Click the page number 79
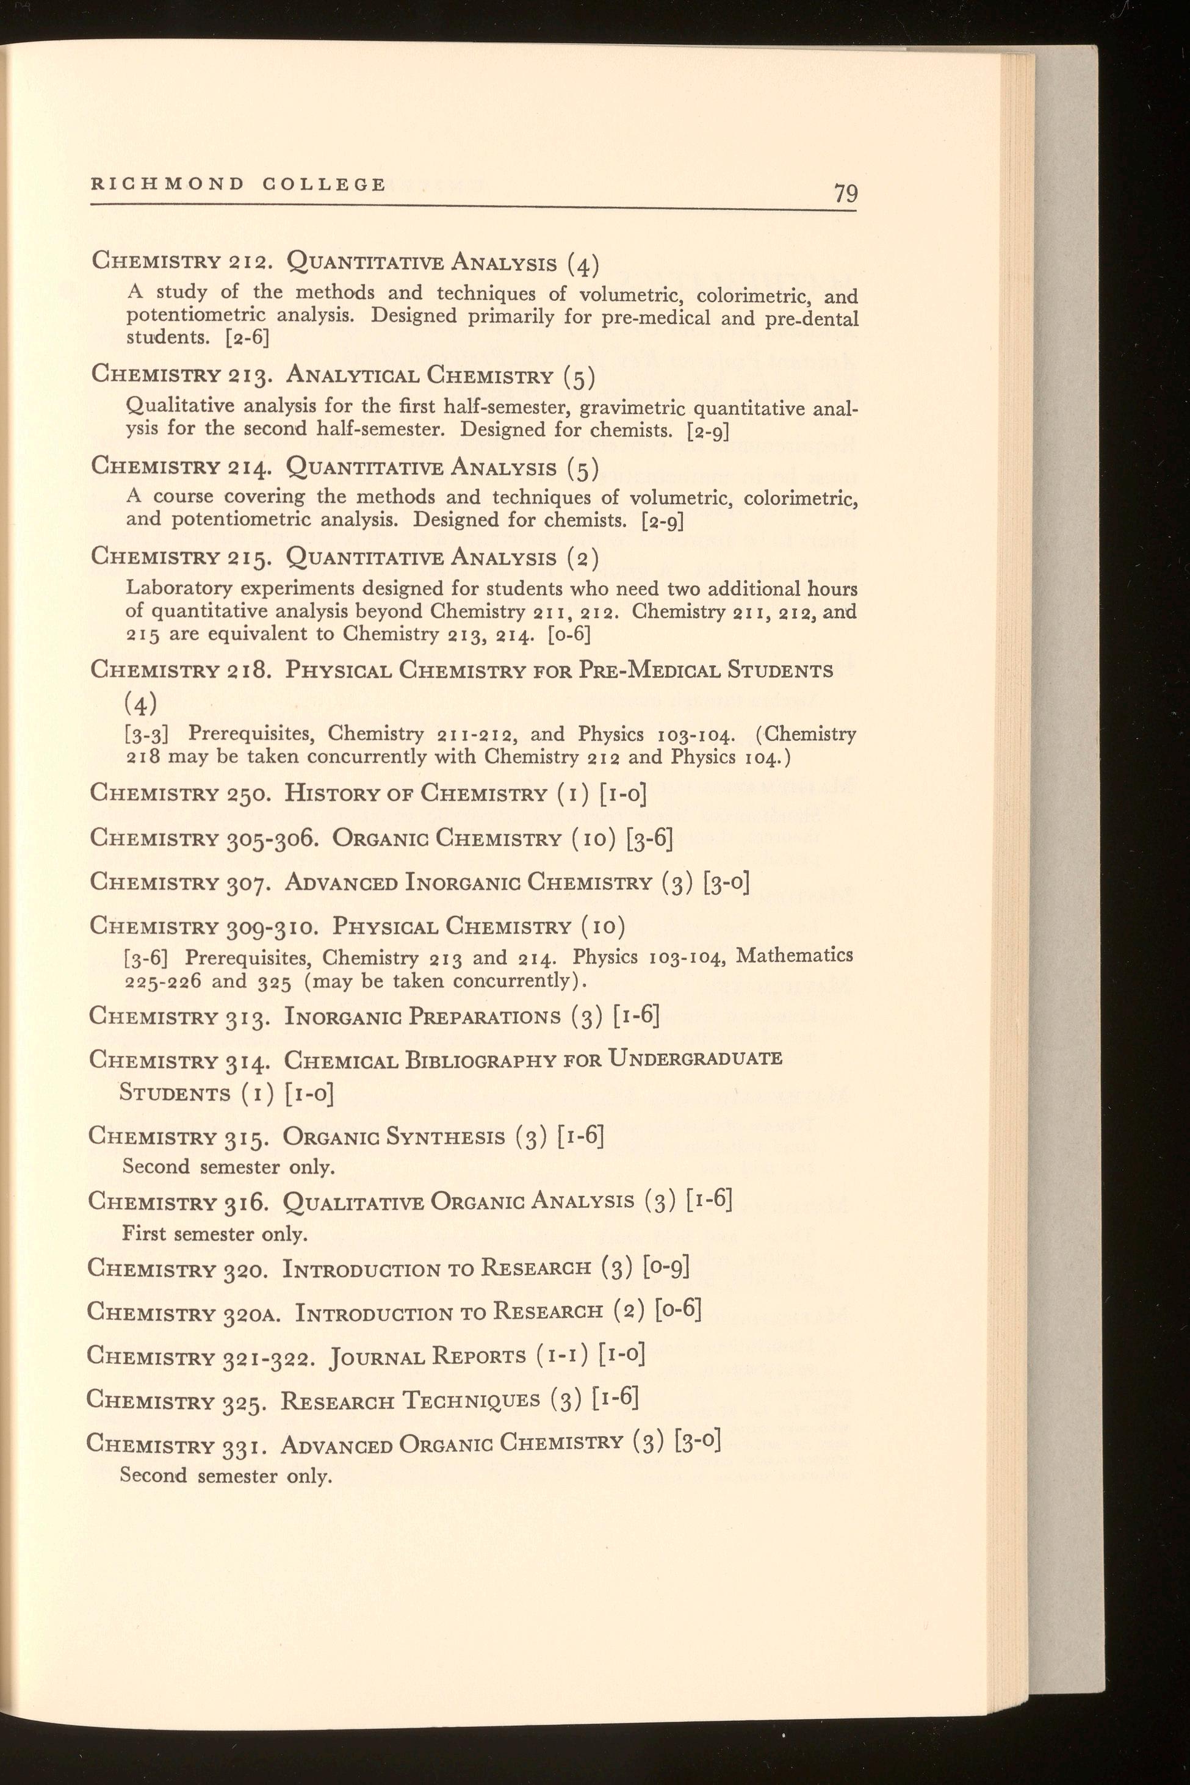pyautogui.click(x=845, y=193)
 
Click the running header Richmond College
pyautogui.click(x=238, y=184)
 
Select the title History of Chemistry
pyautogui.click(x=415, y=794)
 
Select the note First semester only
pyautogui.click(x=215, y=1234)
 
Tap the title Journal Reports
pyautogui.click(x=427, y=1356)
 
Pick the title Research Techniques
pyautogui.click(x=410, y=1400)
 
